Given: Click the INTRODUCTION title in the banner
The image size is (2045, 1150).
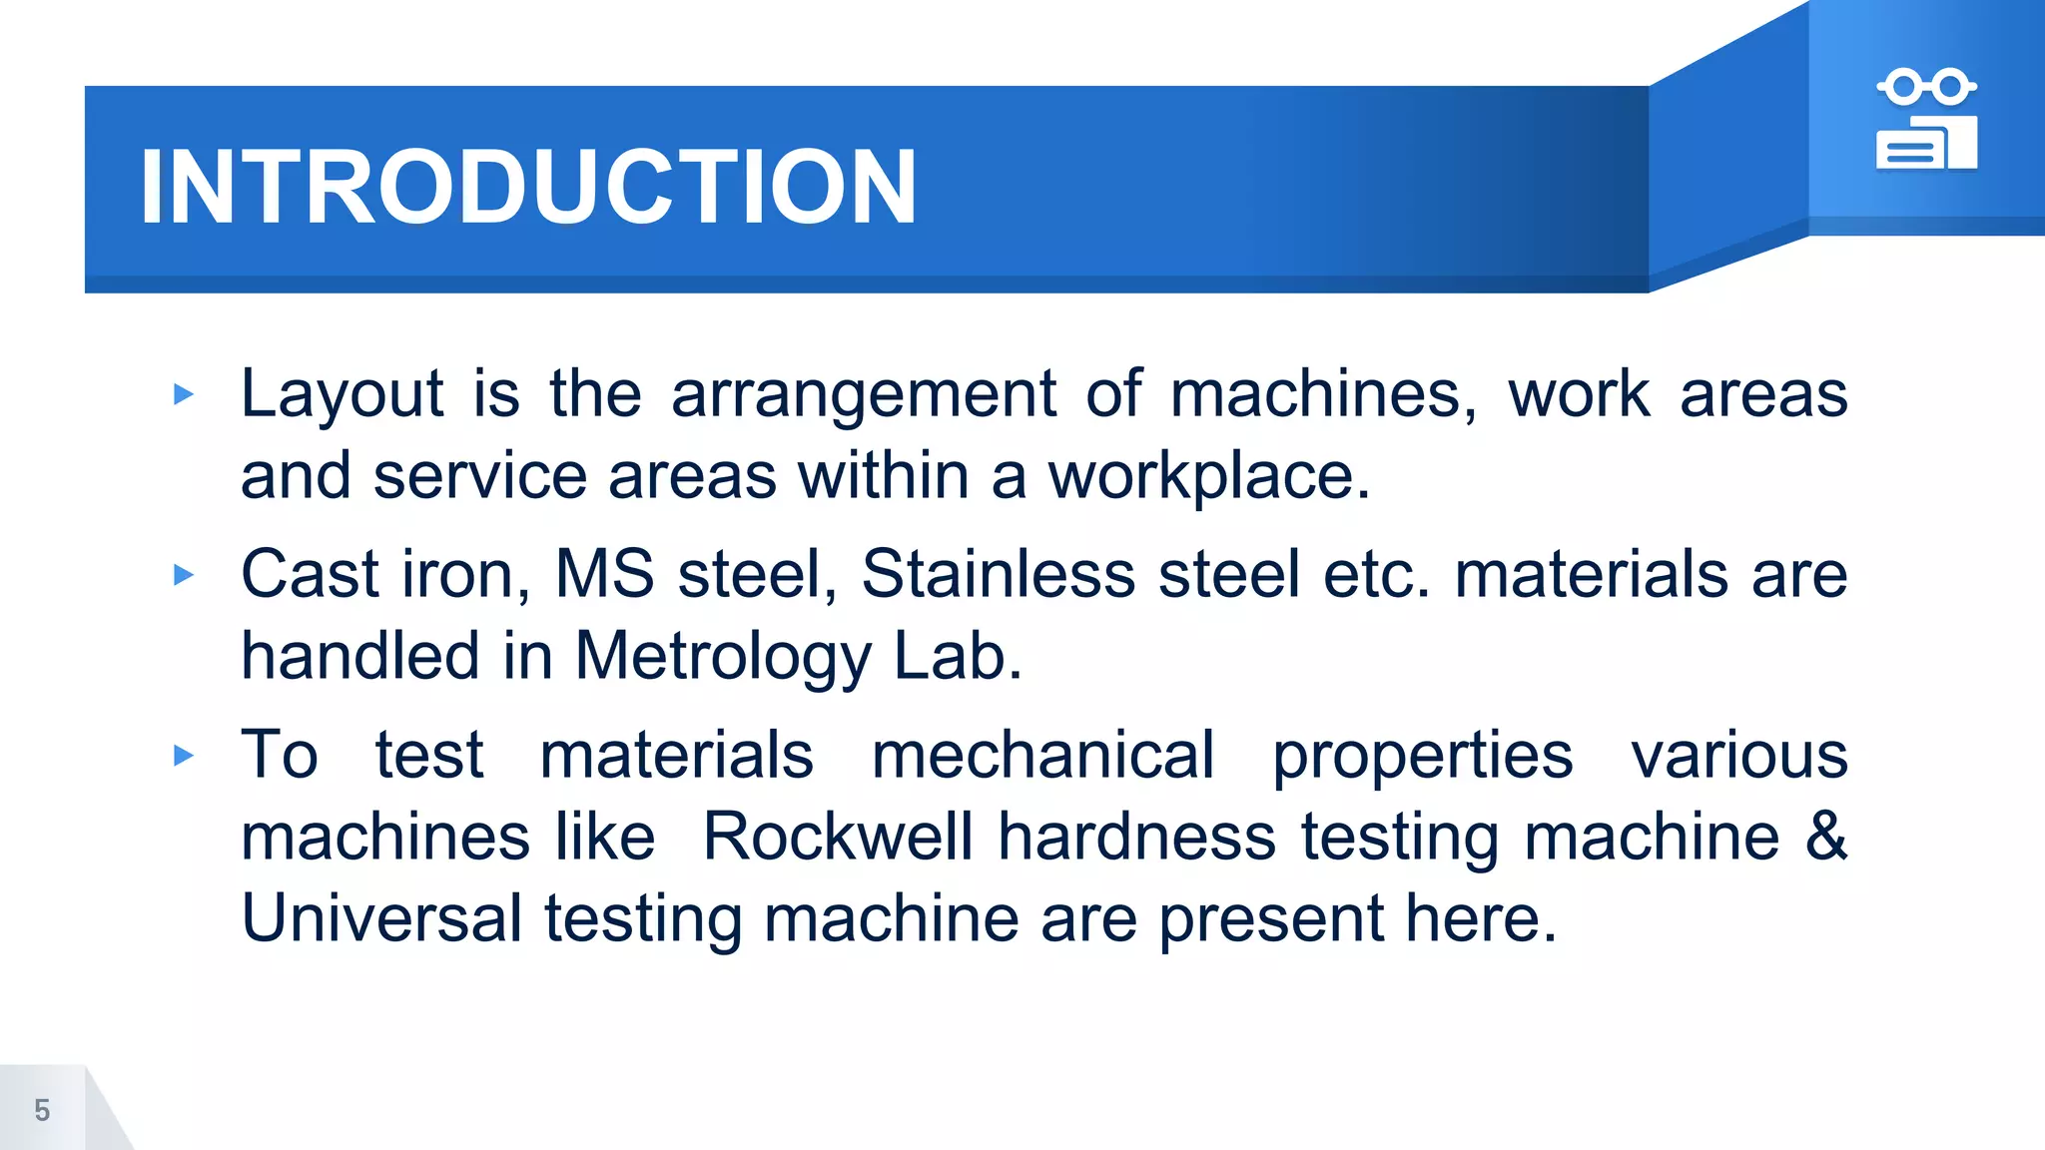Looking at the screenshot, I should tap(527, 187).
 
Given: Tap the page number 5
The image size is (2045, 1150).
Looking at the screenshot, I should tap(42, 1110).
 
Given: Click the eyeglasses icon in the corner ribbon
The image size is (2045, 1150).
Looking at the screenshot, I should tap(1926, 87).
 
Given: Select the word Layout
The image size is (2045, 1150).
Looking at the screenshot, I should tap(341, 394).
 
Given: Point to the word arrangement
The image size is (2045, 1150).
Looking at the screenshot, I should tap(863, 394).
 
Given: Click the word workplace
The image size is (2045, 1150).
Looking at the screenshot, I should tap(1208, 476).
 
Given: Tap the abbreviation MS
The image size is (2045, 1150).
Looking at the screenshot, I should tap(604, 575).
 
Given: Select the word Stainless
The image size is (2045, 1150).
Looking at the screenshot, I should tap(998, 575).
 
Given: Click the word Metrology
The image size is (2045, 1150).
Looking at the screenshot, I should tap(723, 658).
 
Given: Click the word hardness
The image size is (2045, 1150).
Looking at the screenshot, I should tap(1136, 837).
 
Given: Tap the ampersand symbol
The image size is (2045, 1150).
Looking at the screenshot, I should tap(1825, 837).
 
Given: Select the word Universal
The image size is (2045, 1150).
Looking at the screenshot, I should tap(381, 918).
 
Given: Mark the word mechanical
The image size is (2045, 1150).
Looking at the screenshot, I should tap(1042, 756).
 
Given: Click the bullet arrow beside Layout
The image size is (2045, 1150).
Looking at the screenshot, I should tap(183, 394).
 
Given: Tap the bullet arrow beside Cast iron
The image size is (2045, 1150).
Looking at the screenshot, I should tap(183, 575).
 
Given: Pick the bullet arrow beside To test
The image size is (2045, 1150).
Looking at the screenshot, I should tap(183, 756).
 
